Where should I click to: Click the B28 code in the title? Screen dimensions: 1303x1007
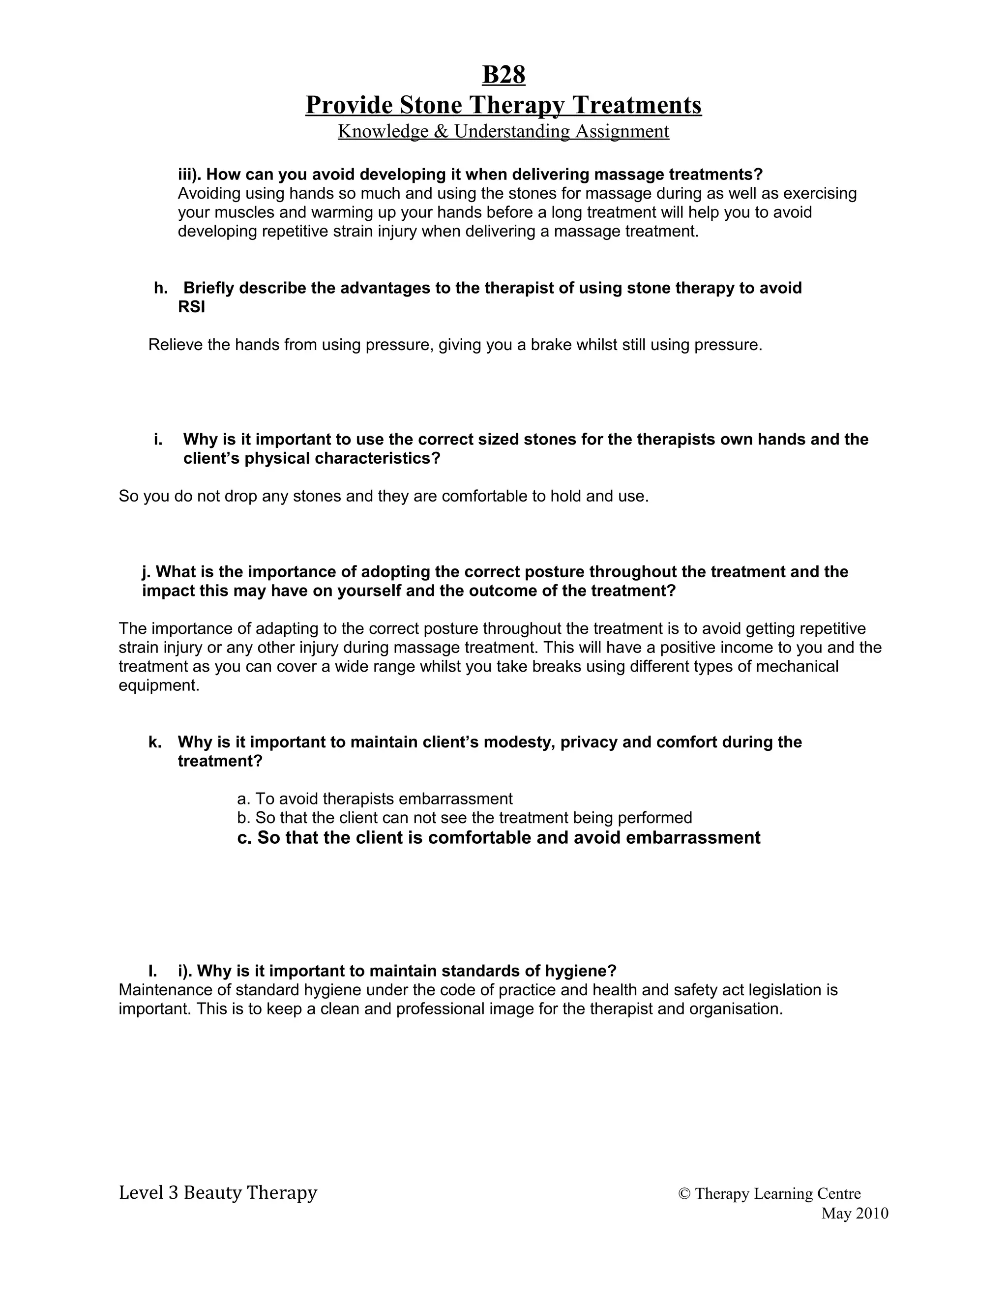point(503,76)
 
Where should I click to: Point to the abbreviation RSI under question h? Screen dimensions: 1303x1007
point(191,307)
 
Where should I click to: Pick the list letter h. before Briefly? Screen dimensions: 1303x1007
point(160,288)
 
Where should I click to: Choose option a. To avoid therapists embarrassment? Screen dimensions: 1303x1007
point(375,799)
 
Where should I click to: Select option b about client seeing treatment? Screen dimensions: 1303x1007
point(464,818)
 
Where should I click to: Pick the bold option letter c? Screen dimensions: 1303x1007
point(244,838)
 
